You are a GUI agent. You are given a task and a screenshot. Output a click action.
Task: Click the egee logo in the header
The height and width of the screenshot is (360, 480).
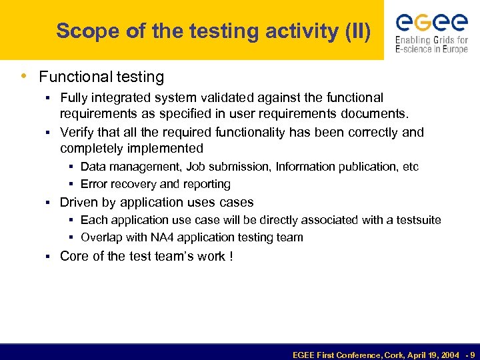pos(431,23)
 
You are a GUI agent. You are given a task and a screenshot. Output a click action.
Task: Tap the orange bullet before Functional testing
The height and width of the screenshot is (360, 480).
pos(25,77)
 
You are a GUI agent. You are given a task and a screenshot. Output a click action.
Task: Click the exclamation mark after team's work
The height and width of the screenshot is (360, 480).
pos(231,256)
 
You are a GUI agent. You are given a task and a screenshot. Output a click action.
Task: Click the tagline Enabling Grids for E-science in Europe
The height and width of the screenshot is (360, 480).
pos(431,45)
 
